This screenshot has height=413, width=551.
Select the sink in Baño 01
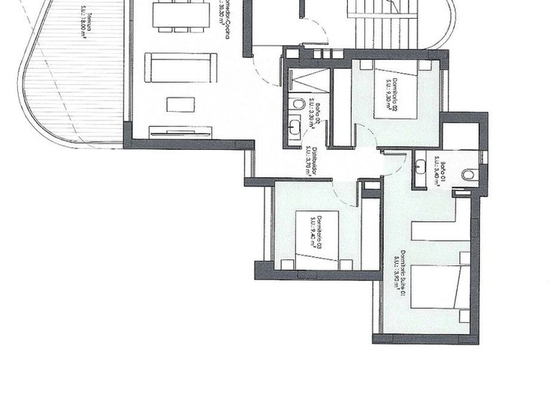tap(422, 170)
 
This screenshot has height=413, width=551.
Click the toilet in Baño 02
tap(298, 105)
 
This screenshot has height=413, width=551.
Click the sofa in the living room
tap(179, 67)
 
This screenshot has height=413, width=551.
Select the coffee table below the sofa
tap(180, 105)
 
